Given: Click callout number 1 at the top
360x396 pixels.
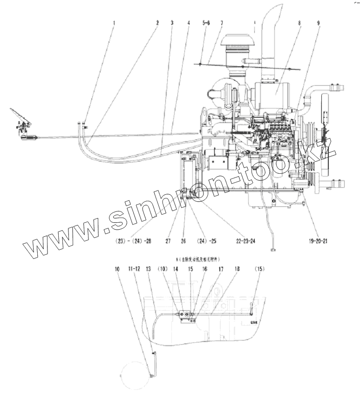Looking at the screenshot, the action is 114,23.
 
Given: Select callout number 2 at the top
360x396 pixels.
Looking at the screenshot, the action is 157,23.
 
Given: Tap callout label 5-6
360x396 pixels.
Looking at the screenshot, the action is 206,23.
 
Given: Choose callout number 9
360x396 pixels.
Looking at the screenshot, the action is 318,23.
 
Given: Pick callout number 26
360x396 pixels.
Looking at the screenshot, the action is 183,241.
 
